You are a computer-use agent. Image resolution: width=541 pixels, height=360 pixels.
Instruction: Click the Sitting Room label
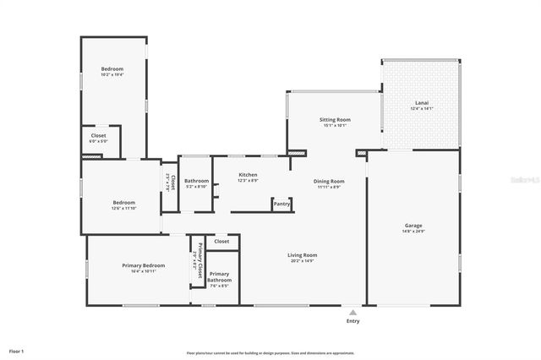click(335, 120)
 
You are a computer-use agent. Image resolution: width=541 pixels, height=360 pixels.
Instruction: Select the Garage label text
click(413, 226)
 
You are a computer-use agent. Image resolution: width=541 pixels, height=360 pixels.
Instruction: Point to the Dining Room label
click(329, 181)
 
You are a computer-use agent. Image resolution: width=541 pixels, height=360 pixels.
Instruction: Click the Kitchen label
click(248, 175)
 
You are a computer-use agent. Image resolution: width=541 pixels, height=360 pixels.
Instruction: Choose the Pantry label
click(281, 203)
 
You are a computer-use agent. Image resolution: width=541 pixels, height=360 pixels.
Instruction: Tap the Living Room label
click(302, 255)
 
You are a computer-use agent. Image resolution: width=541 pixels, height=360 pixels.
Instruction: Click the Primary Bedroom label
click(136, 265)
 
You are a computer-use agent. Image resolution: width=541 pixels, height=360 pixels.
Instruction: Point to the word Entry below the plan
click(352, 320)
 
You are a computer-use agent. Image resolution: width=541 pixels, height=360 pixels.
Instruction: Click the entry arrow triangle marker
click(352, 310)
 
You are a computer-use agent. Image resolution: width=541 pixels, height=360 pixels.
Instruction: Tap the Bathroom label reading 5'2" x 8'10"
click(196, 181)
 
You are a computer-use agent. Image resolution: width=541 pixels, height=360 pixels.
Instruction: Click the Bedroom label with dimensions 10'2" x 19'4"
click(112, 68)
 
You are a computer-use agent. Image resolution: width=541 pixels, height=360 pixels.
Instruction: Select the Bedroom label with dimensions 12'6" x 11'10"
click(123, 203)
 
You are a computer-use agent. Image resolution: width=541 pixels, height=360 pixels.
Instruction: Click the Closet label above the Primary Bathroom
click(221, 242)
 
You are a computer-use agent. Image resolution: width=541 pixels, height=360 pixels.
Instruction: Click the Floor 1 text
click(17, 350)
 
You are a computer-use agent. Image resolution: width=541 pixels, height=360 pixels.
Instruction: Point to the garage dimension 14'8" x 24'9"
click(413, 231)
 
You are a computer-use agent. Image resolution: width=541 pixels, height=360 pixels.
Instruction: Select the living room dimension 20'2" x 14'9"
click(302, 260)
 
